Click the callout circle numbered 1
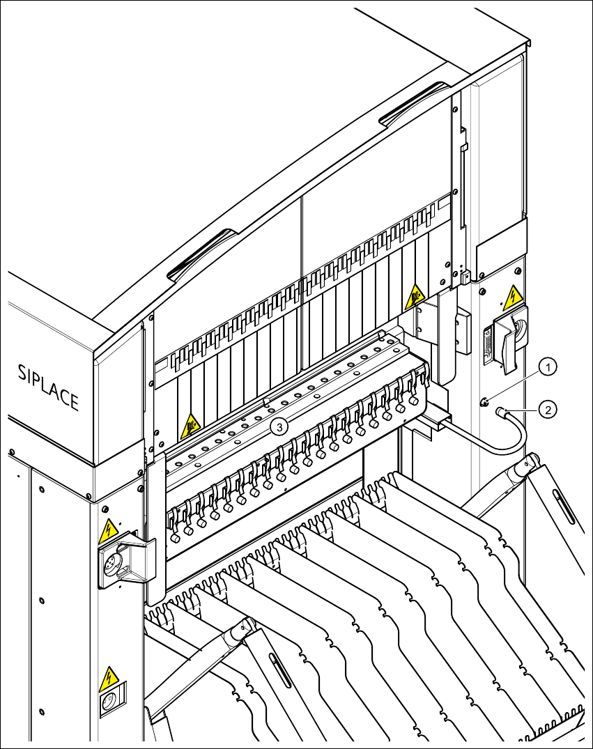point(548,367)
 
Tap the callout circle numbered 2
point(548,410)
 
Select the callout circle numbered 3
point(280,426)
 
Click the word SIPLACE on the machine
point(48,387)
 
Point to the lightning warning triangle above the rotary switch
point(512,298)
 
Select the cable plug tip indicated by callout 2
point(500,411)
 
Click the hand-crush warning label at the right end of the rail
point(414,297)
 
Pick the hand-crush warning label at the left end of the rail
point(190,426)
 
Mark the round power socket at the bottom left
point(109,702)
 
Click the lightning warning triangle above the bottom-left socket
point(109,679)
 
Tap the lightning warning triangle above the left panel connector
point(109,531)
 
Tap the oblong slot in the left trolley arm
point(281,670)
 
